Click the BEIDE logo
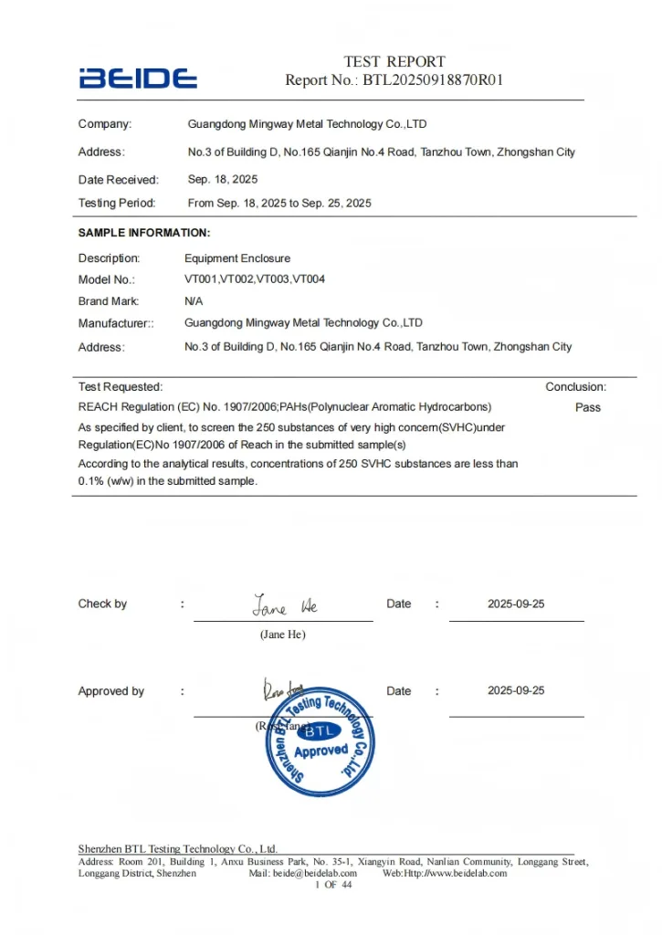[x=137, y=78]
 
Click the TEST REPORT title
[x=394, y=61]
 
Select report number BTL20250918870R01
[x=433, y=80]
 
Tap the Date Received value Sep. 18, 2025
[x=223, y=180]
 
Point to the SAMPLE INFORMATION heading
[x=144, y=234]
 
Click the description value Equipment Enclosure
[x=237, y=258]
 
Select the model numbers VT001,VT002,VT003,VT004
[x=255, y=279]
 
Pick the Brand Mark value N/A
[x=194, y=301]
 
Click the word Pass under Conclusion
[x=588, y=407]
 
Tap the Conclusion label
[x=575, y=387]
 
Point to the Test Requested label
[x=121, y=387]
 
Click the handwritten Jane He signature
[x=285, y=606]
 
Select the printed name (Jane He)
[x=283, y=635]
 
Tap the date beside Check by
[x=516, y=604]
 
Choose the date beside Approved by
[x=516, y=691]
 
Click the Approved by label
[x=111, y=692]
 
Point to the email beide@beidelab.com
[x=314, y=874]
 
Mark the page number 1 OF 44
[x=333, y=885]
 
